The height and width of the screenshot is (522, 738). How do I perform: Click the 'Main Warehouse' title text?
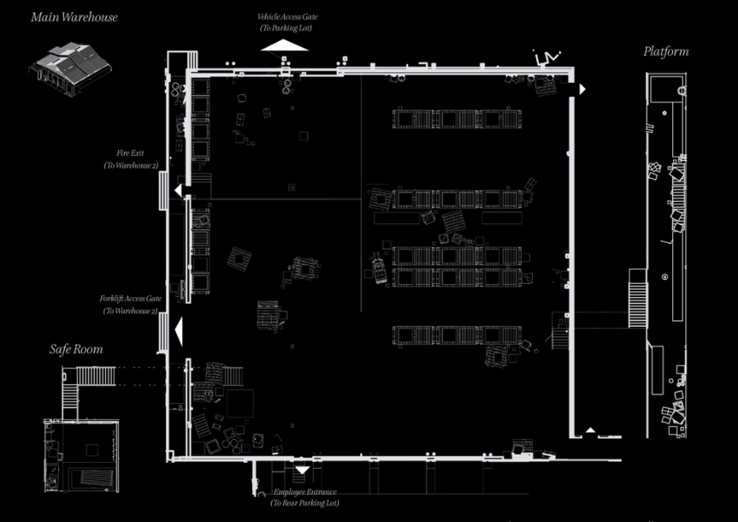[x=74, y=16]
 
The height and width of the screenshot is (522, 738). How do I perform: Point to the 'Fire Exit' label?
[x=131, y=153]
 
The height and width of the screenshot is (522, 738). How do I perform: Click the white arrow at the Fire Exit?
[x=177, y=190]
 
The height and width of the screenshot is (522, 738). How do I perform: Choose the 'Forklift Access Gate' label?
[x=131, y=299]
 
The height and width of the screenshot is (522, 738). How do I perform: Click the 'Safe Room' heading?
[x=76, y=349]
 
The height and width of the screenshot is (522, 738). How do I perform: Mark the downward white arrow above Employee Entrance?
[x=302, y=471]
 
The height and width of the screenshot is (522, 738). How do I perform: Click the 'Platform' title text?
[x=666, y=52]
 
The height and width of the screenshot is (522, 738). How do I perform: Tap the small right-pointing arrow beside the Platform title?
[x=582, y=89]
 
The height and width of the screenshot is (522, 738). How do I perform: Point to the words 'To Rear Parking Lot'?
[x=305, y=502]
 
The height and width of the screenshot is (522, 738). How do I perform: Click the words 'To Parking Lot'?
[x=286, y=28]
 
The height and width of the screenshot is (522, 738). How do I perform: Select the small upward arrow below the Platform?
[x=589, y=430]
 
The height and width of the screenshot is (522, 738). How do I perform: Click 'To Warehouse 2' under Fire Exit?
[x=131, y=165]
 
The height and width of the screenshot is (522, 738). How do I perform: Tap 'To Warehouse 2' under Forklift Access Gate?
[x=131, y=311]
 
